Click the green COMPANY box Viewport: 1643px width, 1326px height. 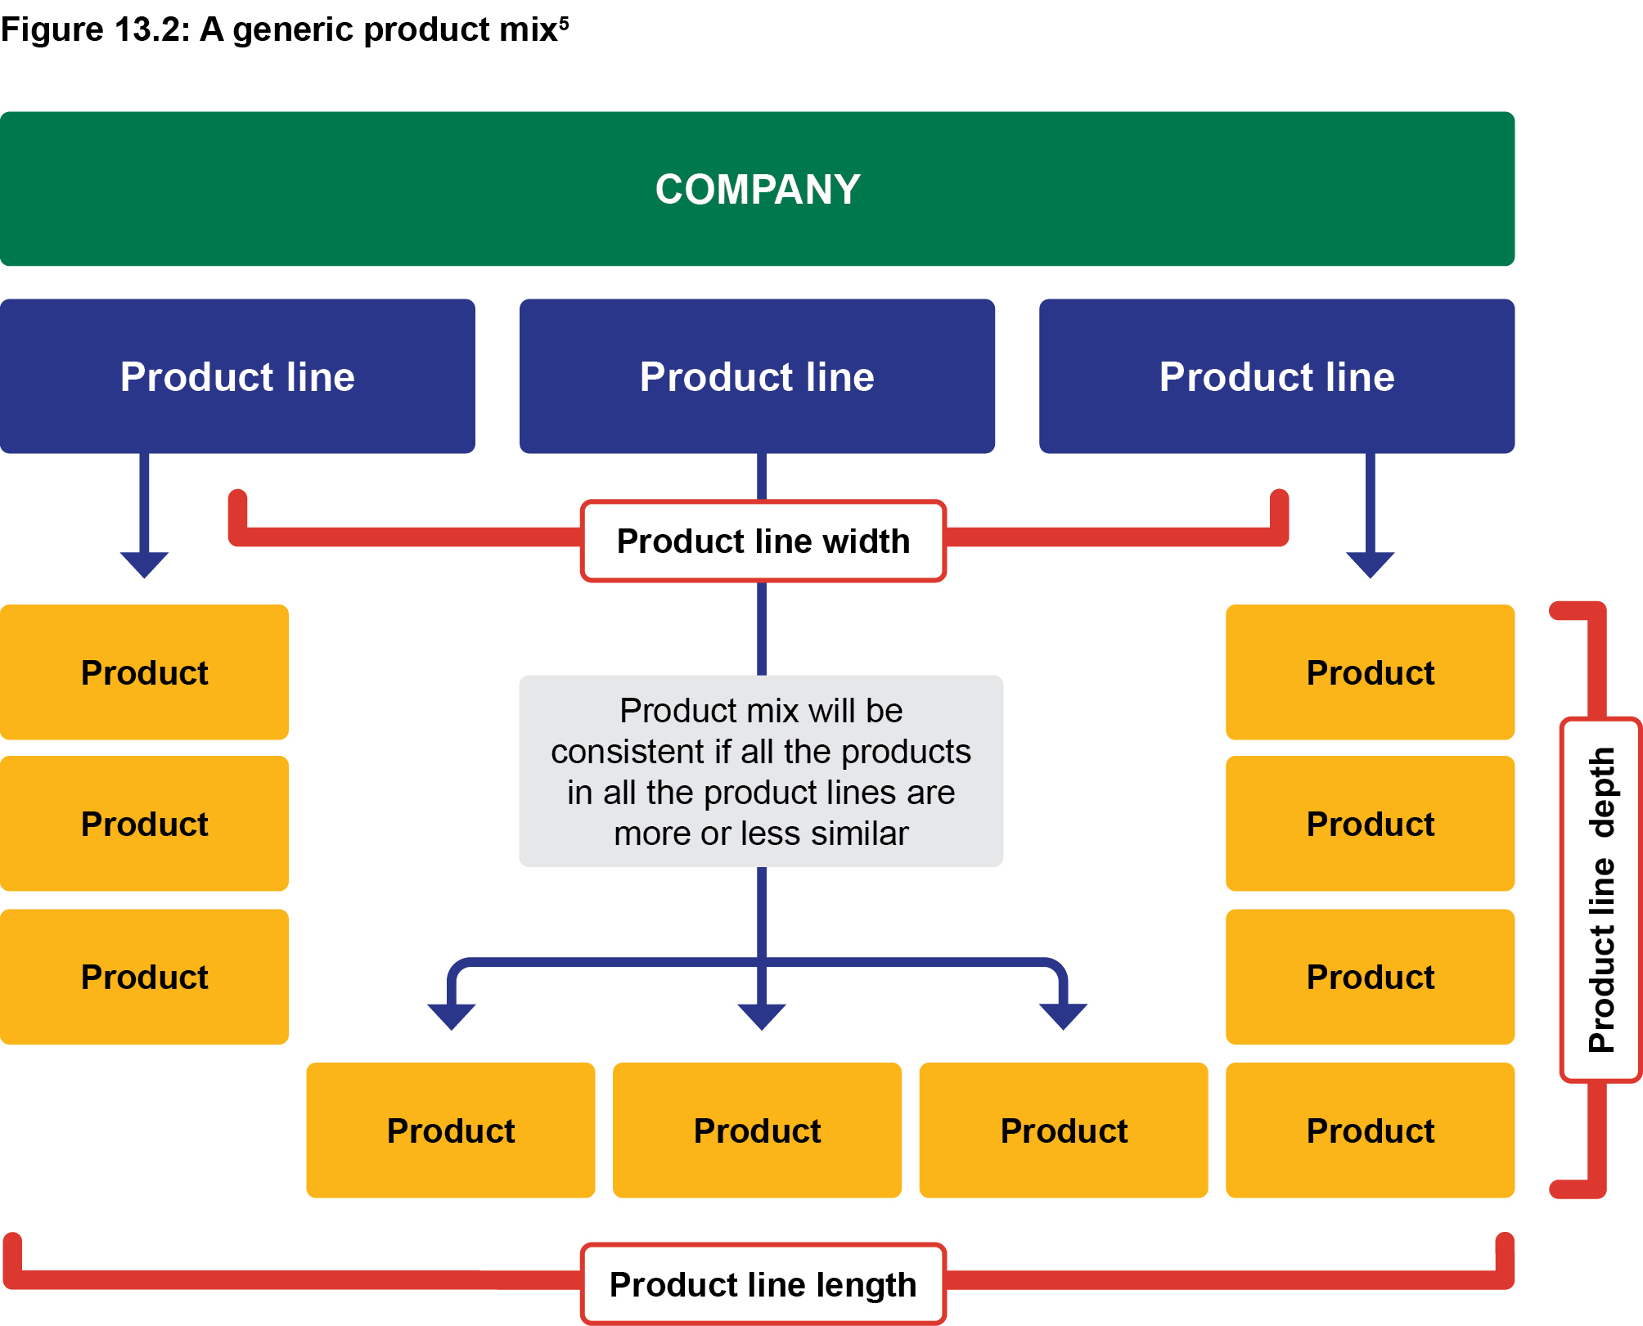click(757, 189)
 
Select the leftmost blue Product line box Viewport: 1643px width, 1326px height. click(237, 376)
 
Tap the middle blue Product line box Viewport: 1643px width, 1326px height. click(757, 376)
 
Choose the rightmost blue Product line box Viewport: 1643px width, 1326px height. click(1276, 376)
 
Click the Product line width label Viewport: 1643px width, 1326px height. click(763, 541)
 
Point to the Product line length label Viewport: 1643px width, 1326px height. click(763, 1284)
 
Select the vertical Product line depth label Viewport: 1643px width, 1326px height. click(1601, 900)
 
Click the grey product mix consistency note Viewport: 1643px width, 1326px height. click(761, 771)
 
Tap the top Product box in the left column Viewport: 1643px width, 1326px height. click(144, 672)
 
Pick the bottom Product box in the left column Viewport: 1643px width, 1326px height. click(144, 977)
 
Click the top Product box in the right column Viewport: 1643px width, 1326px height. click(1371, 672)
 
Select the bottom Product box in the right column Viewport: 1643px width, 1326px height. click(1371, 1130)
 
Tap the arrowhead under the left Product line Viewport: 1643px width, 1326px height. click(144, 564)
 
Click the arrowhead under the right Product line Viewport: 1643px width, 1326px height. click(1371, 564)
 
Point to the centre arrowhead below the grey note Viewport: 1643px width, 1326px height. click(762, 1017)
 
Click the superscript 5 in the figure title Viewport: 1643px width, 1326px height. click(564, 22)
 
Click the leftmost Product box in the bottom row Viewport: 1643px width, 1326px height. click(451, 1130)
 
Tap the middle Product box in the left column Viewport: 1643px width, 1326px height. click(144, 824)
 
